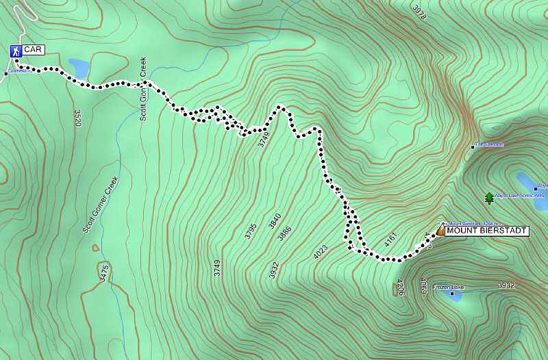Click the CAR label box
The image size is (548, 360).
coord(33,50)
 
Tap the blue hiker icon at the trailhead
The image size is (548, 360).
coord(15,51)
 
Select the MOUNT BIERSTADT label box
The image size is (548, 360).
coord(486,231)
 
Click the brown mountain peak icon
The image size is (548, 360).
coord(439,232)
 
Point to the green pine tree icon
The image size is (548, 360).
coord(488,198)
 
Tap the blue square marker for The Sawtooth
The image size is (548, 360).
coord(473,146)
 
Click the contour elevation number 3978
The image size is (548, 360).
coord(419,12)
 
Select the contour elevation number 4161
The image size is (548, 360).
coord(390,240)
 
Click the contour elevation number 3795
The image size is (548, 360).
coord(249,228)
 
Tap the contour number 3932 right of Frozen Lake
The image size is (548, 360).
coord(506,285)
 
